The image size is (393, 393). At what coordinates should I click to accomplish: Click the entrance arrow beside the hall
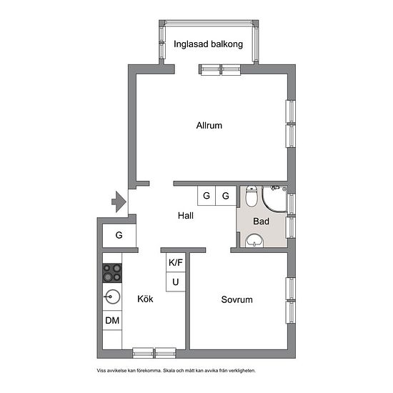point(119,202)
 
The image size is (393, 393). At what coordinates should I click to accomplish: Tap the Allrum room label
point(209,125)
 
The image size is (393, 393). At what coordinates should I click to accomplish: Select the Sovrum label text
point(237,299)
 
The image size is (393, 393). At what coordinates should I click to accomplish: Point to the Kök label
point(145,299)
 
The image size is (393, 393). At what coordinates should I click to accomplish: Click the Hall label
point(186,216)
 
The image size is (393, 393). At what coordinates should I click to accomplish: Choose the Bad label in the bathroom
point(261,222)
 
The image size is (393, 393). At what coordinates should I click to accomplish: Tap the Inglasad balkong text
point(208,44)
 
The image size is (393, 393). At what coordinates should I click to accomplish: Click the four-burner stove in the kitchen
point(112,273)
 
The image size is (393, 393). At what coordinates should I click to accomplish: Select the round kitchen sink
point(112,297)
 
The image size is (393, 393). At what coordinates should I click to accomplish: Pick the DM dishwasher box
point(112,320)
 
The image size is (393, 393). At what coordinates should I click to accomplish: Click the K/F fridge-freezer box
point(176,262)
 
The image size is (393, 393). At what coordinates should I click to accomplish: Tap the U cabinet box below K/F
point(176,282)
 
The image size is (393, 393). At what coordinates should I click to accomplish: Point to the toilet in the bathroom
point(251,196)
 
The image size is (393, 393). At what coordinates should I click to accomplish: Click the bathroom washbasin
point(254,241)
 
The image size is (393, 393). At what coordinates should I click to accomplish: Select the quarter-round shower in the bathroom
point(274,199)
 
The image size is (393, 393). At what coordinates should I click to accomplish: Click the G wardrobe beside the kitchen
point(119,235)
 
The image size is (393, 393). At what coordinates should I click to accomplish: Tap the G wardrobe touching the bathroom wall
point(226,196)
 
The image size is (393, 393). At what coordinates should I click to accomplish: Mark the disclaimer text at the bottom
point(176,370)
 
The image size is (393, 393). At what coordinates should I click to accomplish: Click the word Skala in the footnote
point(169,370)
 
